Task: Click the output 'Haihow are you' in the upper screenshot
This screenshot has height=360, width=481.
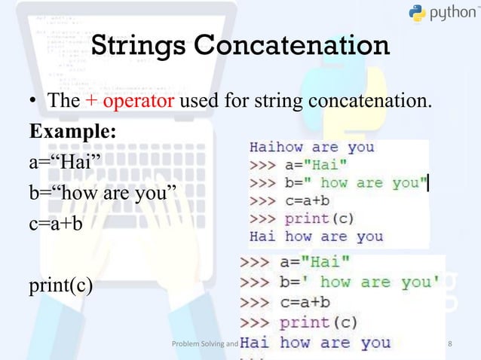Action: click(311, 147)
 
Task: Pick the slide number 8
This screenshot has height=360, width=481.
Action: click(450, 345)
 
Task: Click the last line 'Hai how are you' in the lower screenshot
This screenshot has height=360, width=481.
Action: click(315, 343)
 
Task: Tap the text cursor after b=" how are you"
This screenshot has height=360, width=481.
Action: click(428, 183)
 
